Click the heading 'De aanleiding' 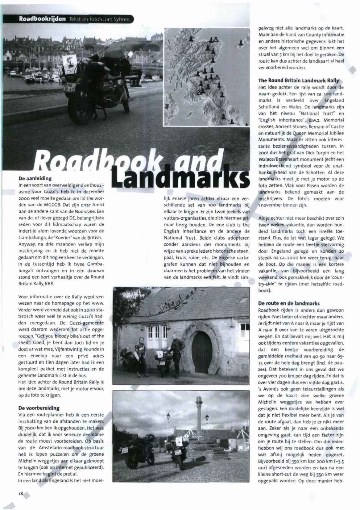(x=35, y=178)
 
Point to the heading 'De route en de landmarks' (x=289, y=303)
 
